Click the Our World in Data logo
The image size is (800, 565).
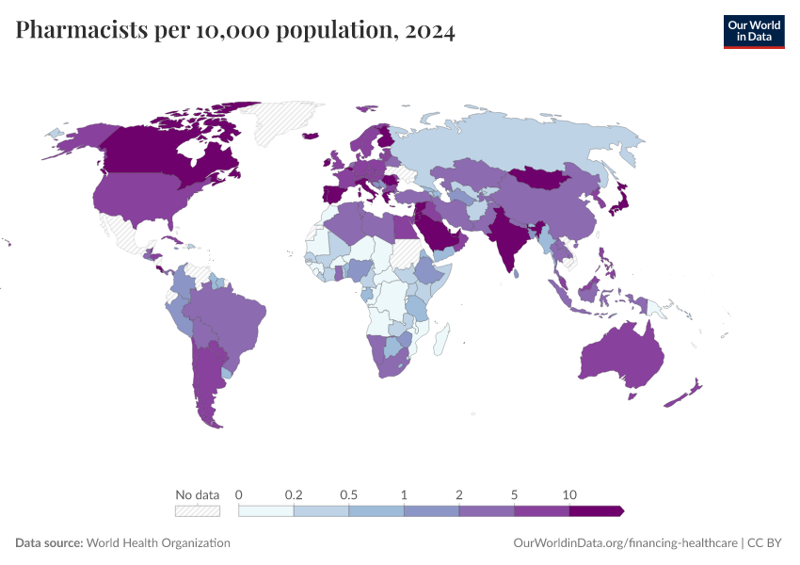point(754,32)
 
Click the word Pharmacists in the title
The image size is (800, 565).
point(82,29)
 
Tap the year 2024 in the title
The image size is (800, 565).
point(430,31)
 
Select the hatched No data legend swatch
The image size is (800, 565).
point(198,511)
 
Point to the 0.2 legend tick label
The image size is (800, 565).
point(294,494)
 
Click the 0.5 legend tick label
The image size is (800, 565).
point(348,494)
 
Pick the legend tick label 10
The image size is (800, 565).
point(569,494)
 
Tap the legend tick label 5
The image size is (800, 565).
point(514,494)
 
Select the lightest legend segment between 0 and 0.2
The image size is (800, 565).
point(265,511)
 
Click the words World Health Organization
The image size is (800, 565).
point(158,542)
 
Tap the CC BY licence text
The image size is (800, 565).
point(764,542)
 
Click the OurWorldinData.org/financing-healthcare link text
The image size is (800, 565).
point(625,542)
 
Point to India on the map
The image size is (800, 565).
point(507,234)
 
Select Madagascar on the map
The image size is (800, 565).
point(441,339)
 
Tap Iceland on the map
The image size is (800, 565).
point(311,136)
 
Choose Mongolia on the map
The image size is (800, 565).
point(541,177)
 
